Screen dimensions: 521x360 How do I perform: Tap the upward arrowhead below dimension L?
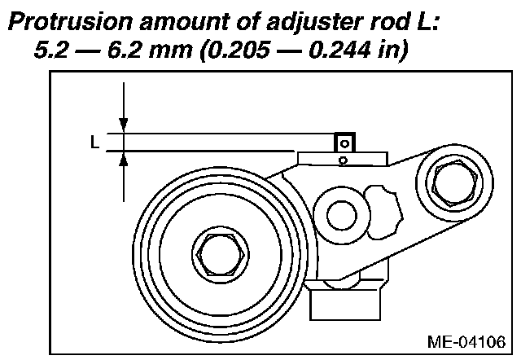(123, 160)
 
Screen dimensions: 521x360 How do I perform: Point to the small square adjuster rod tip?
(344, 142)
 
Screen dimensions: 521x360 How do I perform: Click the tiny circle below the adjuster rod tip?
(344, 160)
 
